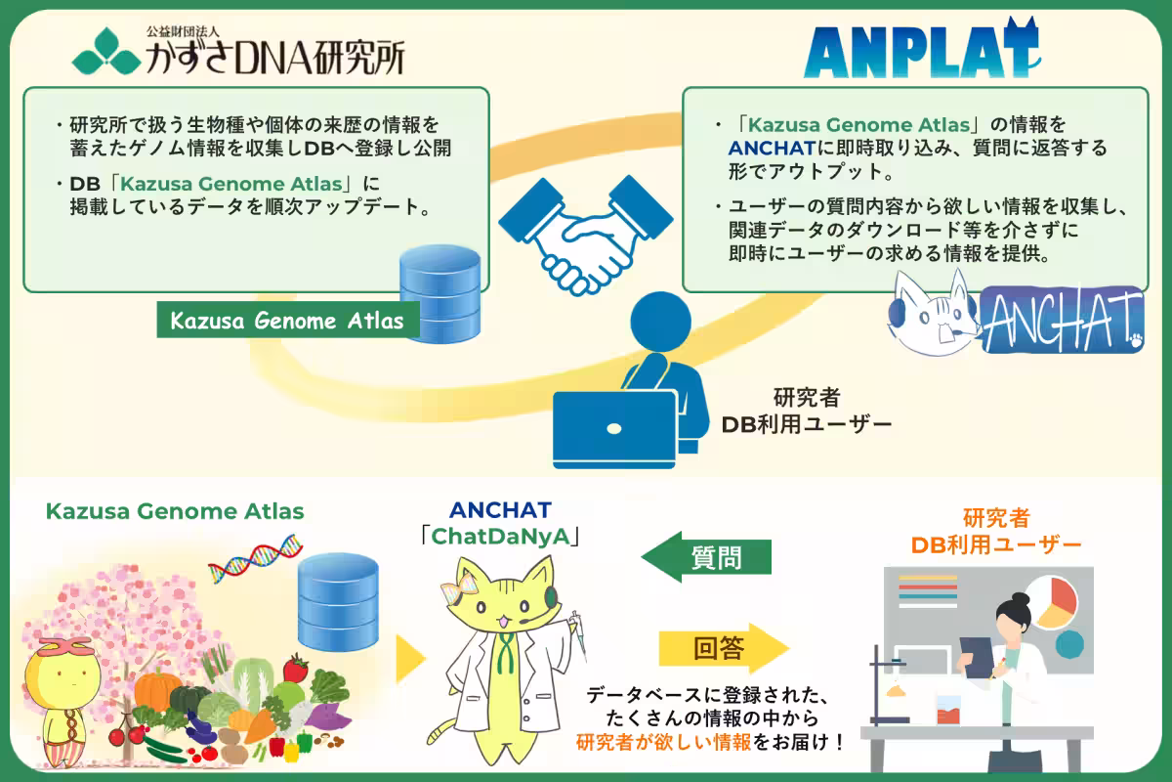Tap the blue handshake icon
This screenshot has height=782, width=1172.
click(x=578, y=227)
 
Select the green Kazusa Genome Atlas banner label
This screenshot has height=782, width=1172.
click(x=286, y=321)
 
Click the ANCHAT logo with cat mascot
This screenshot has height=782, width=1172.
click(x=1016, y=315)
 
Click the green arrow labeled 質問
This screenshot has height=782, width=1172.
click(x=706, y=557)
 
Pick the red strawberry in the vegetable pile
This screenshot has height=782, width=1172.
click(x=295, y=670)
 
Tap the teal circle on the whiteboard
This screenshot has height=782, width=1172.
click(x=1069, y=643)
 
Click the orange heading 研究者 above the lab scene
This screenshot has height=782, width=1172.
click(x=995, y=516)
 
